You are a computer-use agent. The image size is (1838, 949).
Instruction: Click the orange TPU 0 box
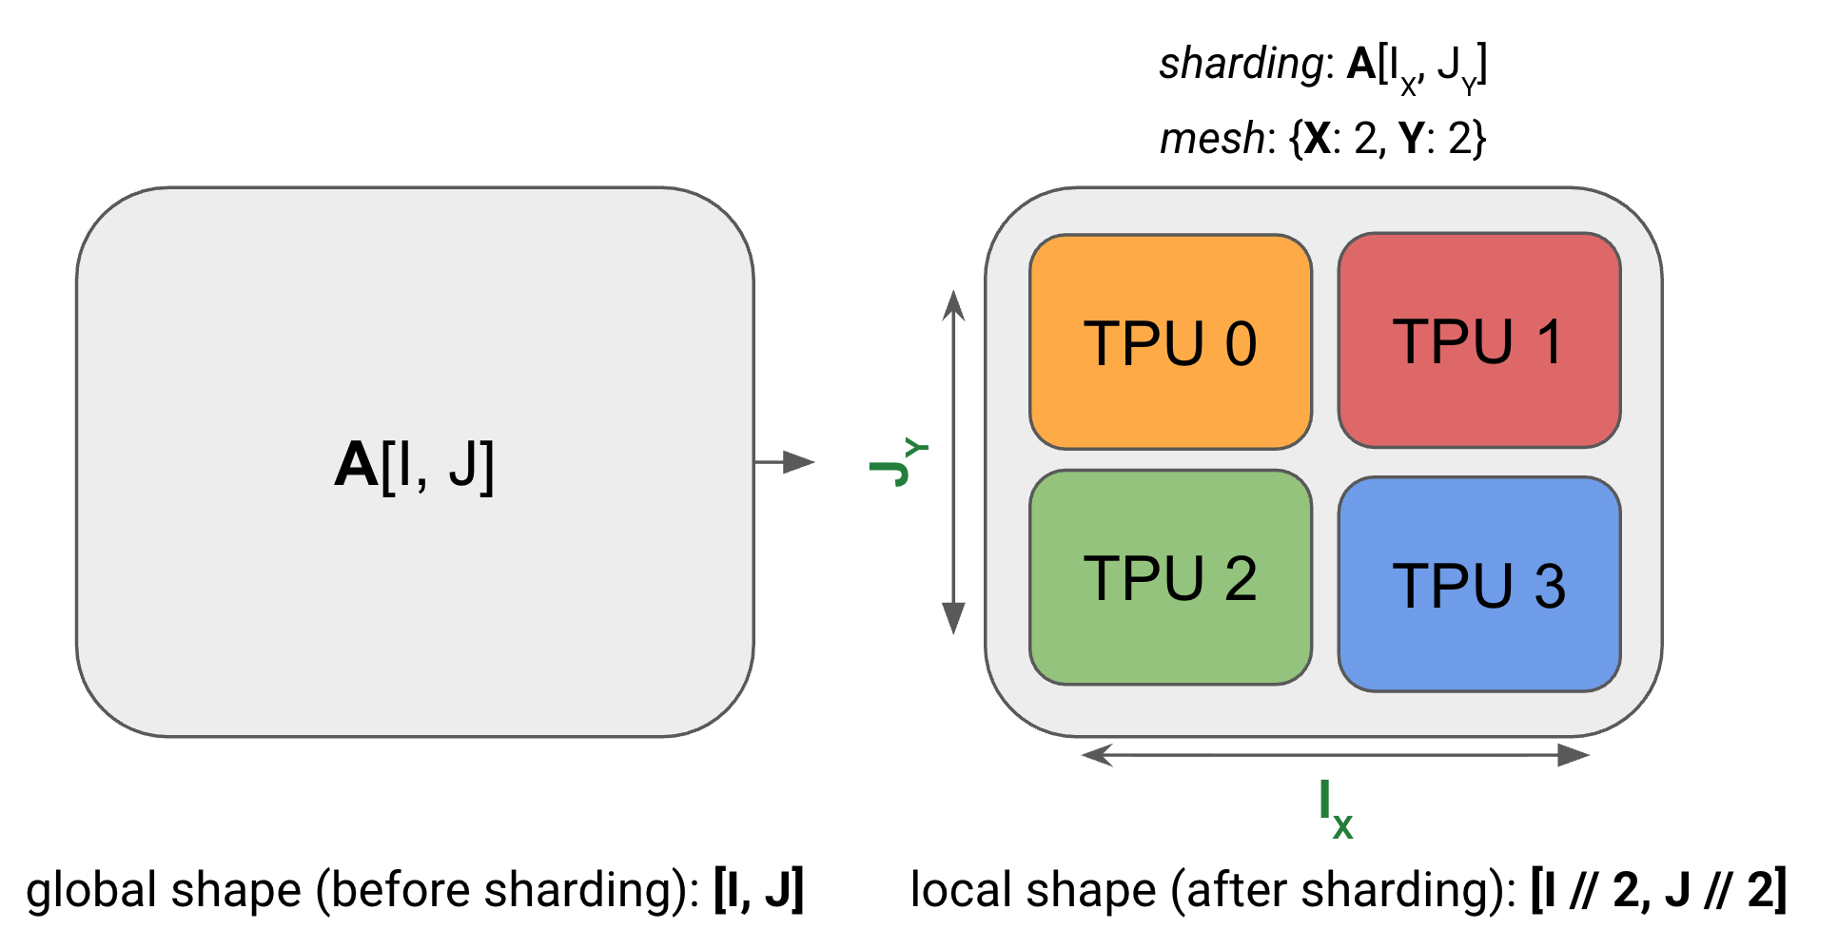coord(1170,342)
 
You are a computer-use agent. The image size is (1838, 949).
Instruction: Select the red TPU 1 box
coord(1478,340)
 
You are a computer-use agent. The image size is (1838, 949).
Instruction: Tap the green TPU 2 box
coord(1170,577)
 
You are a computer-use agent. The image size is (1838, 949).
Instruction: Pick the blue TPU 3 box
coord(1478,584)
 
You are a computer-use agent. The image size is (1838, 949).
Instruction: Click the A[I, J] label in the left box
coord(414,465)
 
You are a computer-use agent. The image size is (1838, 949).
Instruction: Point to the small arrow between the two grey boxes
coord(784,462)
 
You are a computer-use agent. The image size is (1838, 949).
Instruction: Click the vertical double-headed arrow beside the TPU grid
coord(953,462)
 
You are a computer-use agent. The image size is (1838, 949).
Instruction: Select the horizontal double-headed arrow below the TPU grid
coord(1336,755)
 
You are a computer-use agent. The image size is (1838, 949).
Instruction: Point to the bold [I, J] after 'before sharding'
coord(759,890)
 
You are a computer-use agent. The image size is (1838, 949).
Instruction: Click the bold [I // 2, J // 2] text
coord(1658,890)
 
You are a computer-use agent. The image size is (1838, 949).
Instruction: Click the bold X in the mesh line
coord(1317,140)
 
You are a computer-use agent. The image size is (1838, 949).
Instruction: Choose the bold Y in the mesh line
coord(1411,140)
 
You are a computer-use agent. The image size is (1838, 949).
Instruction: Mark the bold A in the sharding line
coord(1361,65)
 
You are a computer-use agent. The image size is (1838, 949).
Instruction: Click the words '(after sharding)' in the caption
coord(1342,891)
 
